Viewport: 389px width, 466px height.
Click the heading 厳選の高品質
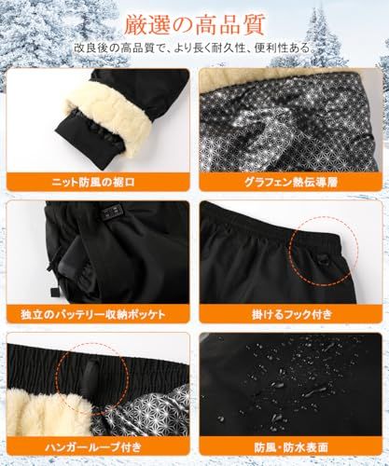[x=193, y=20]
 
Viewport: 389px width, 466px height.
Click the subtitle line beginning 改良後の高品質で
[x=193, y=46]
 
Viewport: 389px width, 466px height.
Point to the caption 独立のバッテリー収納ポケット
[x=94, y=312]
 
